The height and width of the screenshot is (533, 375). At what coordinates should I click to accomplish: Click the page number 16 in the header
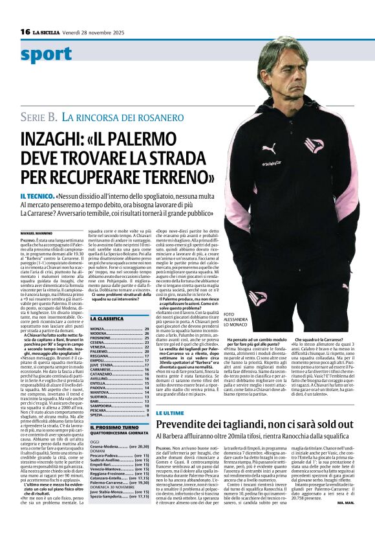tap(25, 31)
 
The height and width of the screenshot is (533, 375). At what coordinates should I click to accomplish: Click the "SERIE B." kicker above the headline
tap(40, 117)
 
